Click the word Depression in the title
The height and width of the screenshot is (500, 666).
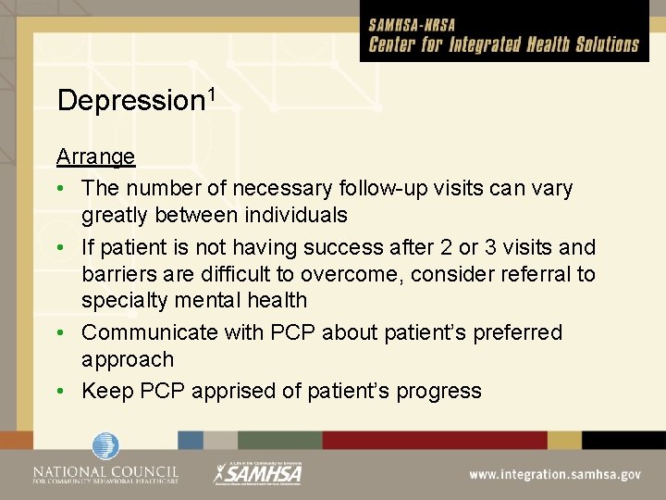(130, 101)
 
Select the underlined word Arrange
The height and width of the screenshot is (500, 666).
(95, 156)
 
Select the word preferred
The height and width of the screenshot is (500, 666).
(517, 331)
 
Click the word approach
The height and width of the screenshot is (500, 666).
(128, 359)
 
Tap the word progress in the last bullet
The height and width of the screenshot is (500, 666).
(438, 391)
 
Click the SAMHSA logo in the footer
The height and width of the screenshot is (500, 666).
(258, 473)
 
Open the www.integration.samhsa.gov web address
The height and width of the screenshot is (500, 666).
(554, 474)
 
